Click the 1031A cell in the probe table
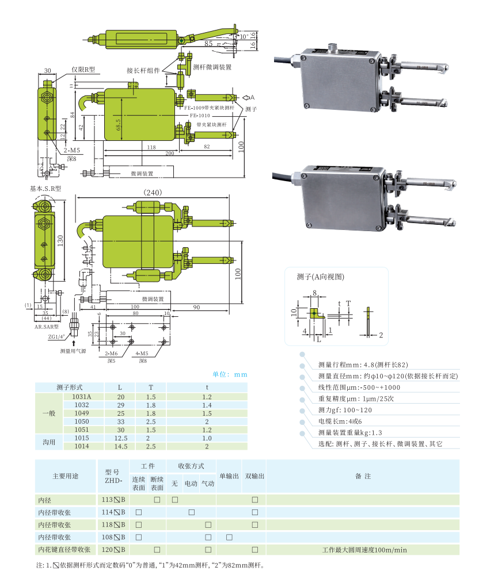pyautogui.click(x=81, y=397)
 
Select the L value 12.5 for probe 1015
pyautogui.click(x=121, y=438)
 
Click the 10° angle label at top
pyautogui.click(x=245, y=36)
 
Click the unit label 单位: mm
pyautogui.click(x=230, y=374)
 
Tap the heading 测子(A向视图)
pyautogui.click(x=321, y=277)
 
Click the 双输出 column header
pyautogui.click(x=254, y=476)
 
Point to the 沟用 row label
pyautogui.click(x=50, y=442)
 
